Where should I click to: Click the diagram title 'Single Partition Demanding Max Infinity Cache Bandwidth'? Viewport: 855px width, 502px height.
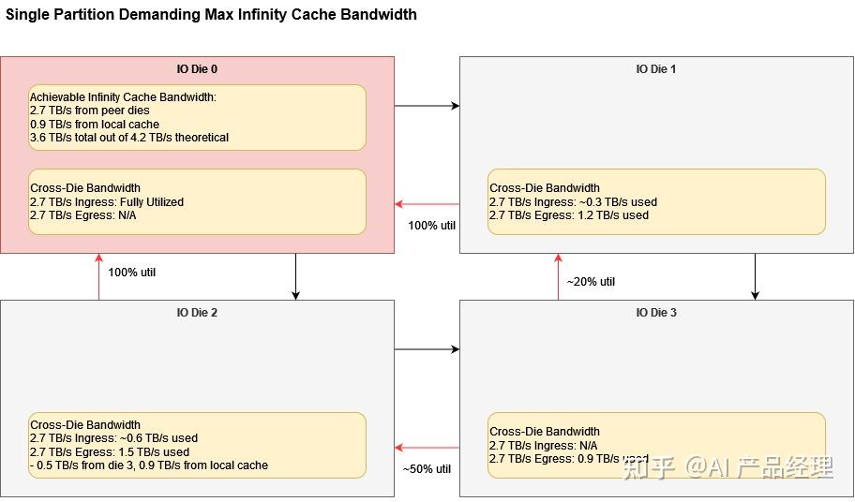[211, 15]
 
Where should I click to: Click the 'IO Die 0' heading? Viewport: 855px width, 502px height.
[197, 69]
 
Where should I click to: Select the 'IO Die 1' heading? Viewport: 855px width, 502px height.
[656, 69]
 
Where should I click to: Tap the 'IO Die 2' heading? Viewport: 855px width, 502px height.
[197, 313]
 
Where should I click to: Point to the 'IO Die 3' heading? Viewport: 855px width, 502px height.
[656, 313]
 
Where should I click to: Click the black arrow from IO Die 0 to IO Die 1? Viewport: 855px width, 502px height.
[427, 106]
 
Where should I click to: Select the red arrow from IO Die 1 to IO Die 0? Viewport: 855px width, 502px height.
[427, 204]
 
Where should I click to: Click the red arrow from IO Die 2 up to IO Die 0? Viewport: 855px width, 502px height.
[98, 276]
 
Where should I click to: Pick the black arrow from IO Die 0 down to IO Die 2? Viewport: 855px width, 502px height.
[295, 276]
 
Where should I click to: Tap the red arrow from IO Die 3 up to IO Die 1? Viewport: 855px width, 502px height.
[558, 276]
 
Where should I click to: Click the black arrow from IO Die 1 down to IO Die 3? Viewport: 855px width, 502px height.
[755, 276]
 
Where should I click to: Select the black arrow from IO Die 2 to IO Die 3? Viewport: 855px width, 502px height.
[427, 349]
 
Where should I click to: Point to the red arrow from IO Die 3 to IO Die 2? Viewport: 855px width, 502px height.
[427, 448]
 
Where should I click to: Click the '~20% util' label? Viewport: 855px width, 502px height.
[591, 282]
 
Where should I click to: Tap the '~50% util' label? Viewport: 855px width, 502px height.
[427, 468]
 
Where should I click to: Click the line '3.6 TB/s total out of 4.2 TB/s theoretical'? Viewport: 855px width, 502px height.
[129, 138]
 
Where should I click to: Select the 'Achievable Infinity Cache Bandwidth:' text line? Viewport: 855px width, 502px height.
[123, 97]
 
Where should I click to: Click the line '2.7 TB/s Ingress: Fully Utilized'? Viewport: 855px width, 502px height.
[107, 201]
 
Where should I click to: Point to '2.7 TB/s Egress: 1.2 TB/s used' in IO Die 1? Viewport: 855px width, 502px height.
[568, 215]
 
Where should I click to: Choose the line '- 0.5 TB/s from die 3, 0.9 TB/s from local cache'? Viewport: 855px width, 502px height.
[149, 465]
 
